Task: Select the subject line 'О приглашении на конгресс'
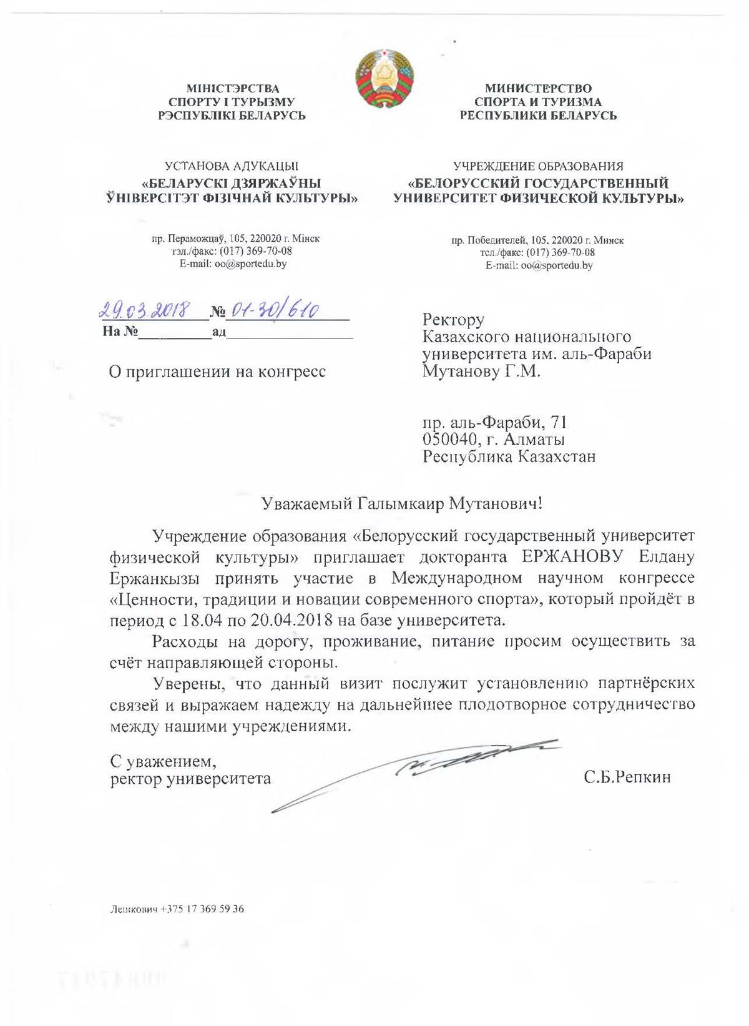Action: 218,372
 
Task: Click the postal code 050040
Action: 449,440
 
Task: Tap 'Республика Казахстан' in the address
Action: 509,457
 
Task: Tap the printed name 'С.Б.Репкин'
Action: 628,778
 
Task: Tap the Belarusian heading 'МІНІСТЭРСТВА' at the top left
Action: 233,89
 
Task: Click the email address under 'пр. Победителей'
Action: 539,265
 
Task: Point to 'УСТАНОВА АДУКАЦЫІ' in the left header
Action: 231,166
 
